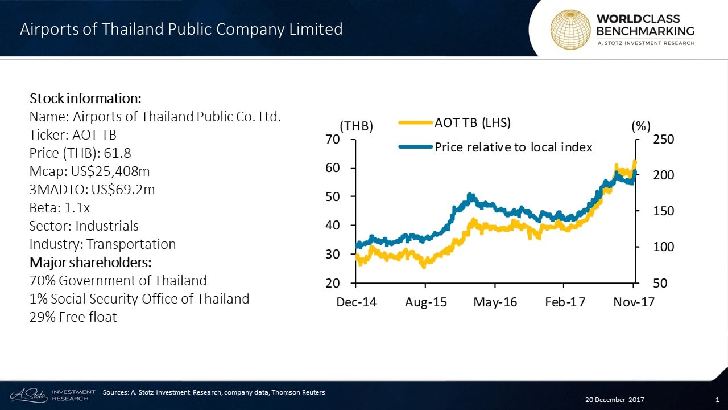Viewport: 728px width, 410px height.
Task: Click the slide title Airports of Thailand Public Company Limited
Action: [181, 30]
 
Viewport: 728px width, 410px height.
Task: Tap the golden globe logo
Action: [570, 29]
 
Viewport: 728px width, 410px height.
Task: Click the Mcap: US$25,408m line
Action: [90, 171]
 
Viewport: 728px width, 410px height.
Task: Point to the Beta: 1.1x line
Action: [60, 207]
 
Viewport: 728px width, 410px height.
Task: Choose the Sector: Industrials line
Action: [84, 225]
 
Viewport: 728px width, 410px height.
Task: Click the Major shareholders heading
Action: [90, 263]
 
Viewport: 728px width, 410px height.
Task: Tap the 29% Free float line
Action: [73, 317]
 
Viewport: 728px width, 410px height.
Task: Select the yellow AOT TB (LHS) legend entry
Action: [454, 122]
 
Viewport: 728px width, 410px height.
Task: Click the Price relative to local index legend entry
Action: [495, 147]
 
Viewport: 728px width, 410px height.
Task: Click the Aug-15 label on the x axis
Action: [426, 302]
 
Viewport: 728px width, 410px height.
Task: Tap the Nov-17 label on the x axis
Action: [634, 302]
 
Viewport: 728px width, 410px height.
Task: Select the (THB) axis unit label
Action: [356, 126]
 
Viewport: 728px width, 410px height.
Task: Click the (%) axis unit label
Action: [641, 126]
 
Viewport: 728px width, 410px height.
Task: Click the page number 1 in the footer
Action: [717, 400]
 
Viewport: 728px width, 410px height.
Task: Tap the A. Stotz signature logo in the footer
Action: [28, 395]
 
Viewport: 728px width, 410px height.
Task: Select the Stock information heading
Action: [85, 98]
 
